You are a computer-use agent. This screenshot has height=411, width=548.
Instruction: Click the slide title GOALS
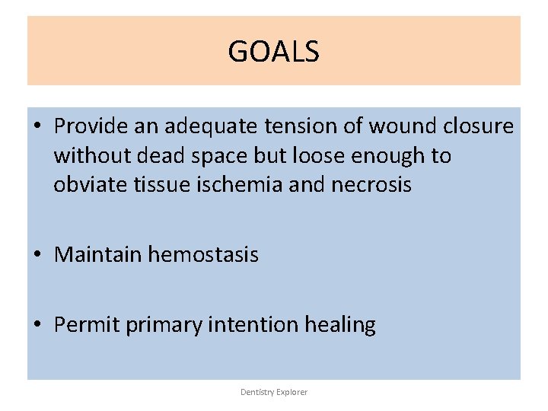[x=273, y=52]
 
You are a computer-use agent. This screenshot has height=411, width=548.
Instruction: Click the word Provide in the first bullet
[x=86, y=126]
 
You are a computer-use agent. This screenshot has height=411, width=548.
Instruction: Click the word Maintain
[x=98, y=254]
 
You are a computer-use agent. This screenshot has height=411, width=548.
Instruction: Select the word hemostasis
[x=203, y=254]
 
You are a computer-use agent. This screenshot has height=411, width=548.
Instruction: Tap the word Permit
[x=87, y=325]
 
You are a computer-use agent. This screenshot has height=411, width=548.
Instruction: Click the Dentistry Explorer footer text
[x=274, y=392]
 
